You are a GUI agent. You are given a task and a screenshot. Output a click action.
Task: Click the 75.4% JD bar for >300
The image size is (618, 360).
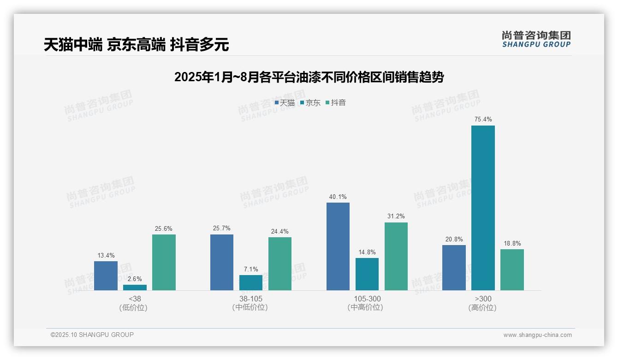483,208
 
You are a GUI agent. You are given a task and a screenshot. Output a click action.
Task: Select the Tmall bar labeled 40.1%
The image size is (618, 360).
338,246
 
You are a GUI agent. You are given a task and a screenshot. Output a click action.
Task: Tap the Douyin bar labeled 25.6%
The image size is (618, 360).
164,262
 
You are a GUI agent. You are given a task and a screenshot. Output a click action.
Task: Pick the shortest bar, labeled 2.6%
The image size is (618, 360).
135,288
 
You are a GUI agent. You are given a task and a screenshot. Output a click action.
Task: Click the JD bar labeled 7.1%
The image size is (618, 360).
251,282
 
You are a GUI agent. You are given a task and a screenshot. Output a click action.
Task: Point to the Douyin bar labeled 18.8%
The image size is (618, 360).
512,270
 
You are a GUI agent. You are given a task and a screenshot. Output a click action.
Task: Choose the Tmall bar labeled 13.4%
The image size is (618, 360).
106,276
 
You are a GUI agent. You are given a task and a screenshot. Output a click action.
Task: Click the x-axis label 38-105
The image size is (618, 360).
250,299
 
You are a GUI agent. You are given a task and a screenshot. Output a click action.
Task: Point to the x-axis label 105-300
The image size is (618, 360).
367,299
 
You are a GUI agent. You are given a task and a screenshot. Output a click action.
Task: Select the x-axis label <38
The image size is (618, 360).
135,299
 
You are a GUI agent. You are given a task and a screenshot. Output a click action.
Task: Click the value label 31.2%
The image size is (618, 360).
396,216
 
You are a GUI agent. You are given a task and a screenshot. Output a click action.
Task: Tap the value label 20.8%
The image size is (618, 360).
454,239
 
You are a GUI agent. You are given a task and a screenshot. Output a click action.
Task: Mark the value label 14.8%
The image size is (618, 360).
367,252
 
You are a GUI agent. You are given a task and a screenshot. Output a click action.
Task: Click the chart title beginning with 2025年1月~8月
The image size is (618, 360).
309,78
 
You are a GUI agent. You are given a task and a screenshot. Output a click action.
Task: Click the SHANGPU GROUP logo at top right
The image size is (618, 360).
536,39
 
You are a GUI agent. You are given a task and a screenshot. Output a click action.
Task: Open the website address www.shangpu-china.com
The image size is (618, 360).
537,335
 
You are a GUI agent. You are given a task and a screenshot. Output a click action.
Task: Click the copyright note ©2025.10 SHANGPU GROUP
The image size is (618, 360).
92,335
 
